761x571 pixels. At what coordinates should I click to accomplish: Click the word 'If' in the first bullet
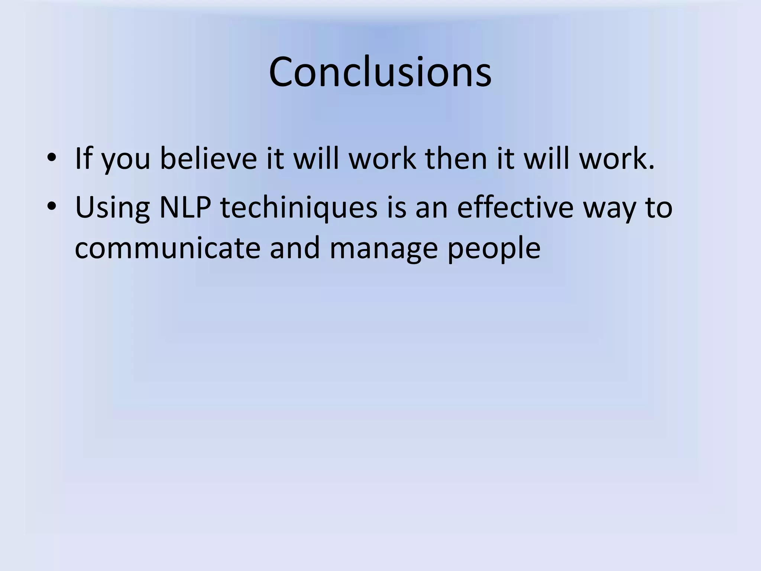(83, 158)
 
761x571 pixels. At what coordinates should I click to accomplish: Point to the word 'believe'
(208, 158)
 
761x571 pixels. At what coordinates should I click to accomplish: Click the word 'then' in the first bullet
(456, 158)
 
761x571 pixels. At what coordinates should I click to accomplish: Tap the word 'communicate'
(168, 248)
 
